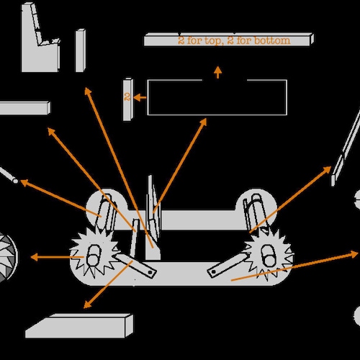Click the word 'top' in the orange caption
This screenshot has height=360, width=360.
click(212, 41)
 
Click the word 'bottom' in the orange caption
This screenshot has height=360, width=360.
click(272, 40)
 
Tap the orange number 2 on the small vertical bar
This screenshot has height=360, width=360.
click(127, 96)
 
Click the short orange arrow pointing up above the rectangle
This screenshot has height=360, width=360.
click(217, 72)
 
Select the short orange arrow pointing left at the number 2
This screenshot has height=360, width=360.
click(140, 98)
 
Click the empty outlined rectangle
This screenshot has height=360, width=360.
click(148, 97)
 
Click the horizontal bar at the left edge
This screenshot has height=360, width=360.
click(24, 108)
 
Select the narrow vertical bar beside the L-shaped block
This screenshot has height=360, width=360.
click(81, 50)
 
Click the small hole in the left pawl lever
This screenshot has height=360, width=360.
click(150, 273)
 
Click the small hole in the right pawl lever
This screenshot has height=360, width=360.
click(213, 272)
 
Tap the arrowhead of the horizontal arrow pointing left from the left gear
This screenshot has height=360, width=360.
click(35, 257)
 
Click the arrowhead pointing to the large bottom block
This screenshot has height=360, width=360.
click(87, 305)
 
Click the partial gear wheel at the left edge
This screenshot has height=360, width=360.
click(6, 257)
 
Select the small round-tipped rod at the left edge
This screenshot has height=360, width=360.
click(9, 174)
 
